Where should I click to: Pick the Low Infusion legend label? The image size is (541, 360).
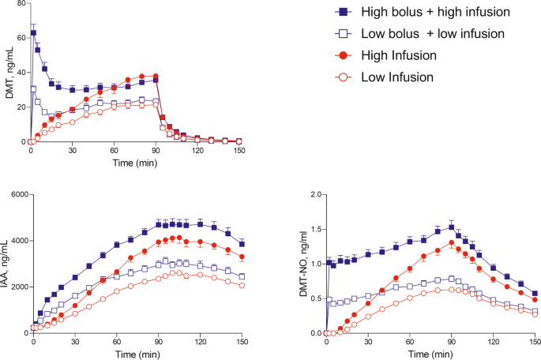coord(395,77)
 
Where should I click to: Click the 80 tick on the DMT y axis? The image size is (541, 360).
coord(20,4)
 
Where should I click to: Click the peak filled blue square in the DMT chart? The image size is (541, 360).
coord(34,33)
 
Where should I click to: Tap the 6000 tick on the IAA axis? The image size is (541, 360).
coord(16,194)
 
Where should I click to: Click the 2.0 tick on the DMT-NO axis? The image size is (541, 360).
coord(314,194)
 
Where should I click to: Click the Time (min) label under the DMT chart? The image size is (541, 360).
coord(133,163)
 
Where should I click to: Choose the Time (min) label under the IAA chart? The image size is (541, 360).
coord(138,354)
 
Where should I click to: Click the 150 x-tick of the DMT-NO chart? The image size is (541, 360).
coord(535,343)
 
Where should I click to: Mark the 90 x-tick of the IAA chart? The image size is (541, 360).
coord(159,343)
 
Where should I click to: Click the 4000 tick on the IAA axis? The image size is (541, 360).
coord(16,240)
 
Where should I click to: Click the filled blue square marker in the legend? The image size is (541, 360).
coord(341,12)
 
